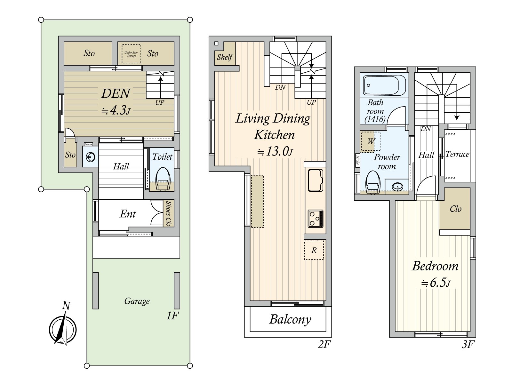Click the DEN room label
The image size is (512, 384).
pos(116,94)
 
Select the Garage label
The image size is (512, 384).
pos(137,301)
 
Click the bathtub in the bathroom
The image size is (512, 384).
pos(384,85)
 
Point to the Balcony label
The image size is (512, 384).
pos(290,319)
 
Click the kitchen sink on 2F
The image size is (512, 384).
pos(316,180)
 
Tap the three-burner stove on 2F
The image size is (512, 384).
pos(316,219)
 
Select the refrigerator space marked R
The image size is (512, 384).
pos(314,250)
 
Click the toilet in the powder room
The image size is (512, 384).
pos(372,182)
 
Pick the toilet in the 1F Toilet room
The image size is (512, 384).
pos(163,179)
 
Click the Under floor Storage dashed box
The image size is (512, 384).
pos(131,54)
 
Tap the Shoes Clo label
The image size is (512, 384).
pos(168,213)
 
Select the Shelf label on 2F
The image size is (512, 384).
pos(225,57)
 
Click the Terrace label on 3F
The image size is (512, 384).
pos(457,154)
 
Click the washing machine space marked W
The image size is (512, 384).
pos(371,141)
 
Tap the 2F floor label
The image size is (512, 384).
pos(324,345)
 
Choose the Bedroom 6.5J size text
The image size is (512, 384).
pos(436,283)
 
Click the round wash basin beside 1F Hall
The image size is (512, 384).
pos(91,157)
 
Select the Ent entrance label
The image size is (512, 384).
pos(128,214)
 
